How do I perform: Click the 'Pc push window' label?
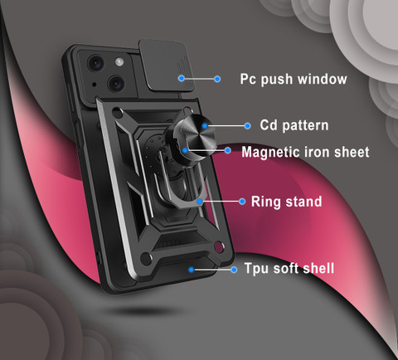(x=294, y=80)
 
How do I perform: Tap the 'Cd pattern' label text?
(x=294, y=125)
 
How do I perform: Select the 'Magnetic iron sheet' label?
(x=305, y=152)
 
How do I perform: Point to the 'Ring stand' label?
(x=286, y=202)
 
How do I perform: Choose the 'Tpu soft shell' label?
(x=289, y=268)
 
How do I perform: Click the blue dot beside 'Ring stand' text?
(x=242, y=202)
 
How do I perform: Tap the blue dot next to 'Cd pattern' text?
(x=248, y=126)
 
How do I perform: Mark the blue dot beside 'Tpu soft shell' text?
(x=234, y=270)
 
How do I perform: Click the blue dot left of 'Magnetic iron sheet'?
(x=228, y=150)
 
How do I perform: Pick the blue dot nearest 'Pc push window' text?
(x=217, y=79)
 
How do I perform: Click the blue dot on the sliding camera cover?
(x=182, y=78)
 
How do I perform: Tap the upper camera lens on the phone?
(x=96, y=63)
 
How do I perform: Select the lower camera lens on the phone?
(x=116, y=83)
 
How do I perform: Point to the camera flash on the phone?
(x=119, y=61)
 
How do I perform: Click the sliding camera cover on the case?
(x=166, y=66)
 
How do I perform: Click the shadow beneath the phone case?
(x=147, y=310)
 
